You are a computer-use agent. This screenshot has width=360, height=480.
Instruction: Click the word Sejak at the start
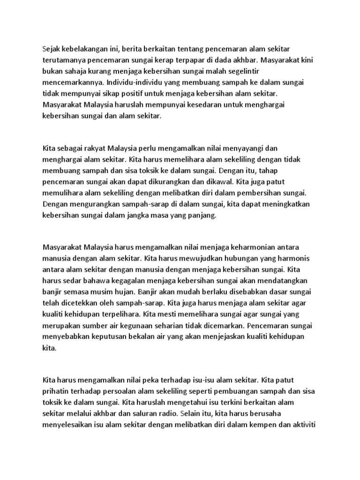pos(51,49)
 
